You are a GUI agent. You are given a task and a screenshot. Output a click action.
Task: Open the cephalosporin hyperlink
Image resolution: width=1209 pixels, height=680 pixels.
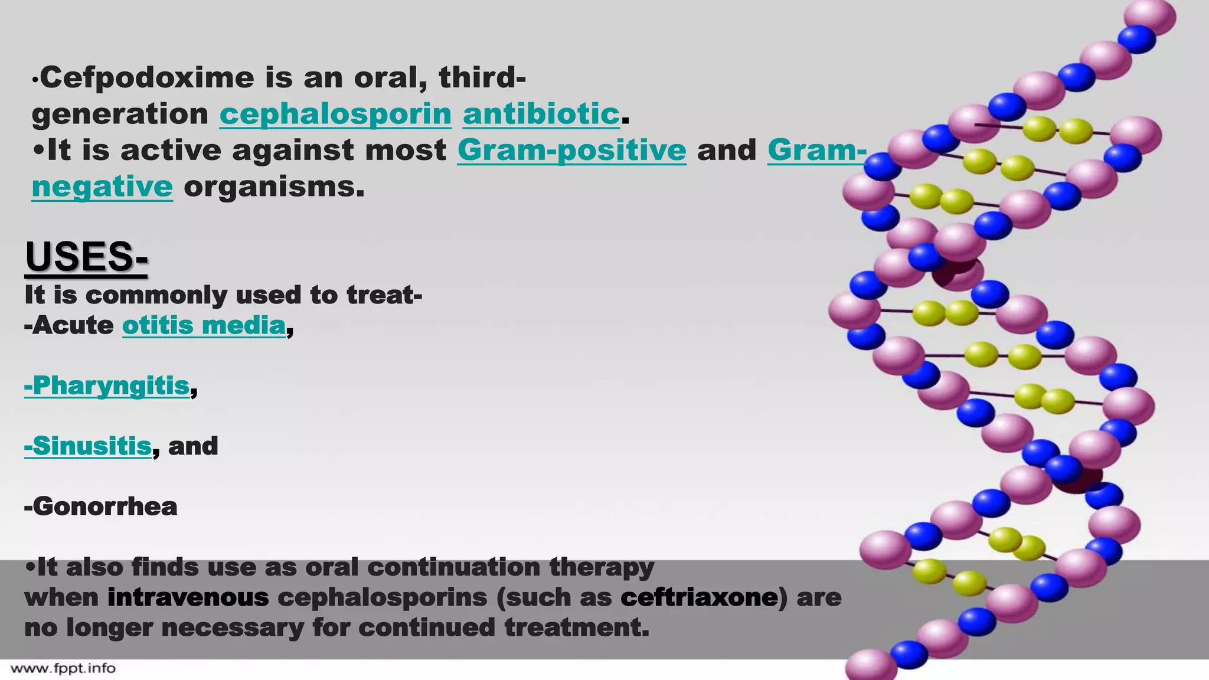pos(335,114)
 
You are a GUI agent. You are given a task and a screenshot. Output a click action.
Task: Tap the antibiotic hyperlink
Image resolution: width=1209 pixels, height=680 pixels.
pos(541,114)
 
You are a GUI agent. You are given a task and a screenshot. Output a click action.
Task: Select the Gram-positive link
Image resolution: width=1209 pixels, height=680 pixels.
pos(571,151)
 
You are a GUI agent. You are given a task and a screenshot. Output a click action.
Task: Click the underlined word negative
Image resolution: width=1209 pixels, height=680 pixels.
pos(102,187)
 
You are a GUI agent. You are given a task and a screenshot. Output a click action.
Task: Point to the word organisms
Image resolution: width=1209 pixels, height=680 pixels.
pos(274,187)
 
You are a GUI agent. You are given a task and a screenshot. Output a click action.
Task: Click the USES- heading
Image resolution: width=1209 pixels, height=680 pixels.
pos(86,257)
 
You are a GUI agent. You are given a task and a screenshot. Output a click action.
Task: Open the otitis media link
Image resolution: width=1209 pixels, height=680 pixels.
pos(204,325)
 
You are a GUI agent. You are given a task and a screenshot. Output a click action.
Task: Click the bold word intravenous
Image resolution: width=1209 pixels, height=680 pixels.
pos(188,597)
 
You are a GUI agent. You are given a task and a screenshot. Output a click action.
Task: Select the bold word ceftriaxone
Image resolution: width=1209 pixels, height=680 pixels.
pos(699,597)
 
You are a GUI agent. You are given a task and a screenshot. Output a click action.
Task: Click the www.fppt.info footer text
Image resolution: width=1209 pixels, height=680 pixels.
pos(63,669)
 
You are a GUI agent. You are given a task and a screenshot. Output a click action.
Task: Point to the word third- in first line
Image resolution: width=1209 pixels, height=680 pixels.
pos(482,78)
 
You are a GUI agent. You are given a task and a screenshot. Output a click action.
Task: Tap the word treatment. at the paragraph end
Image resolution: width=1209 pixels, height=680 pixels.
pos(577,627)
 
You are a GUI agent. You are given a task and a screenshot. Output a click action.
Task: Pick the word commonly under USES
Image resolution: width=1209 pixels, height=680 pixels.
pos(156,295)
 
